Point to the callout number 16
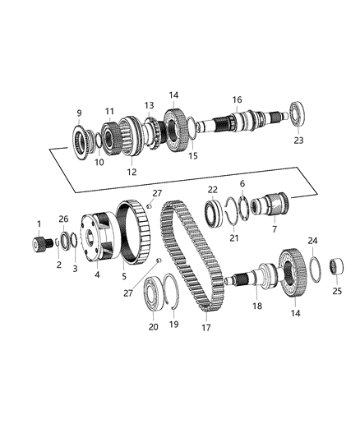click(x=237, y=100)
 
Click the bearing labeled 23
click(x=295, y=113)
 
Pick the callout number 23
click(x=298, y=141)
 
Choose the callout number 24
click(x=312, y=241)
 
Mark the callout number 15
click(x=194, y=155)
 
